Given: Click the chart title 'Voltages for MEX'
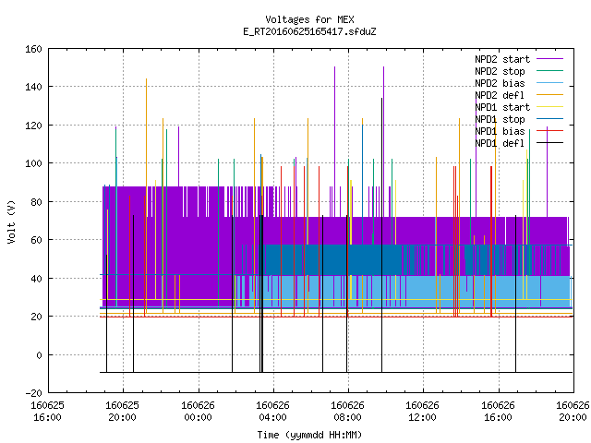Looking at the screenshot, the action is coord(309,19).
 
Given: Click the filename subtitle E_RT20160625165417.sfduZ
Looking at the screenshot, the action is coord(309,31).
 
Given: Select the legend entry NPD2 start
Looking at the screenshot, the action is coord(519,59).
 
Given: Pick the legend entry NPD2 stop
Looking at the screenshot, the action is coord(519,71).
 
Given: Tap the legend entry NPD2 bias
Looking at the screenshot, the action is coord(519,83).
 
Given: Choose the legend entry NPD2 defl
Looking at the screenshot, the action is coord(519,95).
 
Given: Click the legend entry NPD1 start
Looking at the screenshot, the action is coord(519,107).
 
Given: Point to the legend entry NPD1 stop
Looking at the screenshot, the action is coord(519,119).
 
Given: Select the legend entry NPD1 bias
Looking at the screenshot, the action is coord(519,131).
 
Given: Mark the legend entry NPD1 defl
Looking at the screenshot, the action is coord(519,143).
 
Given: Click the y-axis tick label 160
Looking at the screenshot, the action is coord(33,49).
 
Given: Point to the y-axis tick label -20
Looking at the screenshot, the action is coord(33,393).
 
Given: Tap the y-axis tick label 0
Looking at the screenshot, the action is coord(39,354).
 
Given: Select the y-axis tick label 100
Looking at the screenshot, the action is coord(33,163).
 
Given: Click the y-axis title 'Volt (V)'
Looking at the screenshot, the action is coord(11,221).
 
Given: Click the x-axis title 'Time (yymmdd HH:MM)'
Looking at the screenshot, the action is coord(309,435).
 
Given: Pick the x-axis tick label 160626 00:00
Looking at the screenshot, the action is coord(198,411).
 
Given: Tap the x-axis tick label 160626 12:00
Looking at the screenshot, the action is coord(422,411).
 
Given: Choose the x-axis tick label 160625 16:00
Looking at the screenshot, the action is coord(47,411).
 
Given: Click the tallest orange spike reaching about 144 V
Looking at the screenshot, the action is coord(146,196).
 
